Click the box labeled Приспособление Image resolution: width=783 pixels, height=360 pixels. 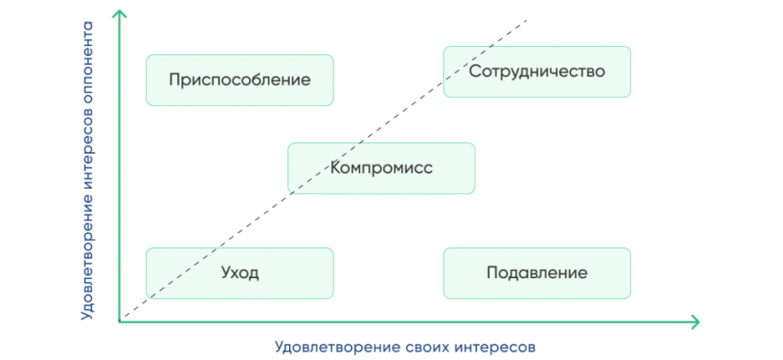(x=239, y=80)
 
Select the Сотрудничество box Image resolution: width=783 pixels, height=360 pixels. (x=536, y=71)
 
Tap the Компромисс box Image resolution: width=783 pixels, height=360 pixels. (x=381, y=167)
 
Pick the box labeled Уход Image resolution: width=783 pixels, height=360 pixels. (x=239, y=273)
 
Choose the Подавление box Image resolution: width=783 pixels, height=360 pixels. (x=536, y=273)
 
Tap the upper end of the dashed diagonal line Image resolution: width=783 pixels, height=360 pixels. (x=526, y=19)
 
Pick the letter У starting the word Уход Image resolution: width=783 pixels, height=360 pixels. (x=225, y=273)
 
